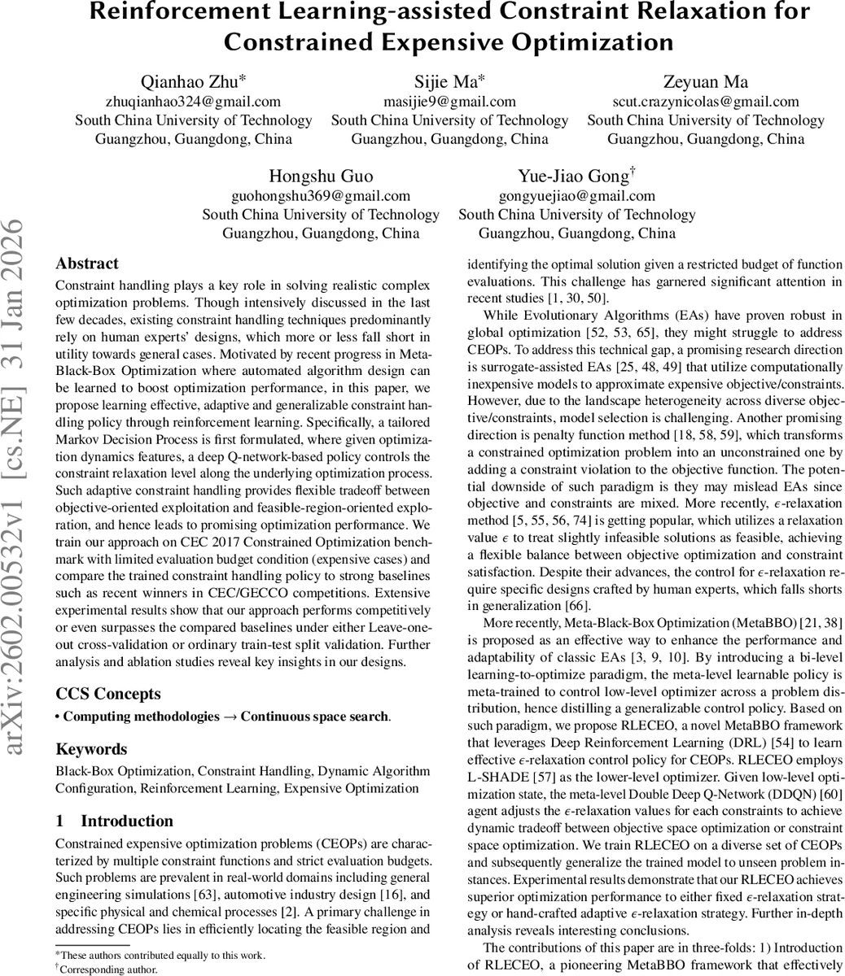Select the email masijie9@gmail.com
pos(449,102)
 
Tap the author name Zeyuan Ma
pos(705,82)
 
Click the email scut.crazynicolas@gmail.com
pos(705,102)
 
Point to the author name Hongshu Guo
pos(320,177)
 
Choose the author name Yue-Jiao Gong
pos(575,177)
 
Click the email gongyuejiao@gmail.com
pos(576,196)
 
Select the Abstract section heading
pos(86,264)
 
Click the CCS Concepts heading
pos(107,694)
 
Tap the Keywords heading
pos(91,749)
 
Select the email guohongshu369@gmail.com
pos(321,196)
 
